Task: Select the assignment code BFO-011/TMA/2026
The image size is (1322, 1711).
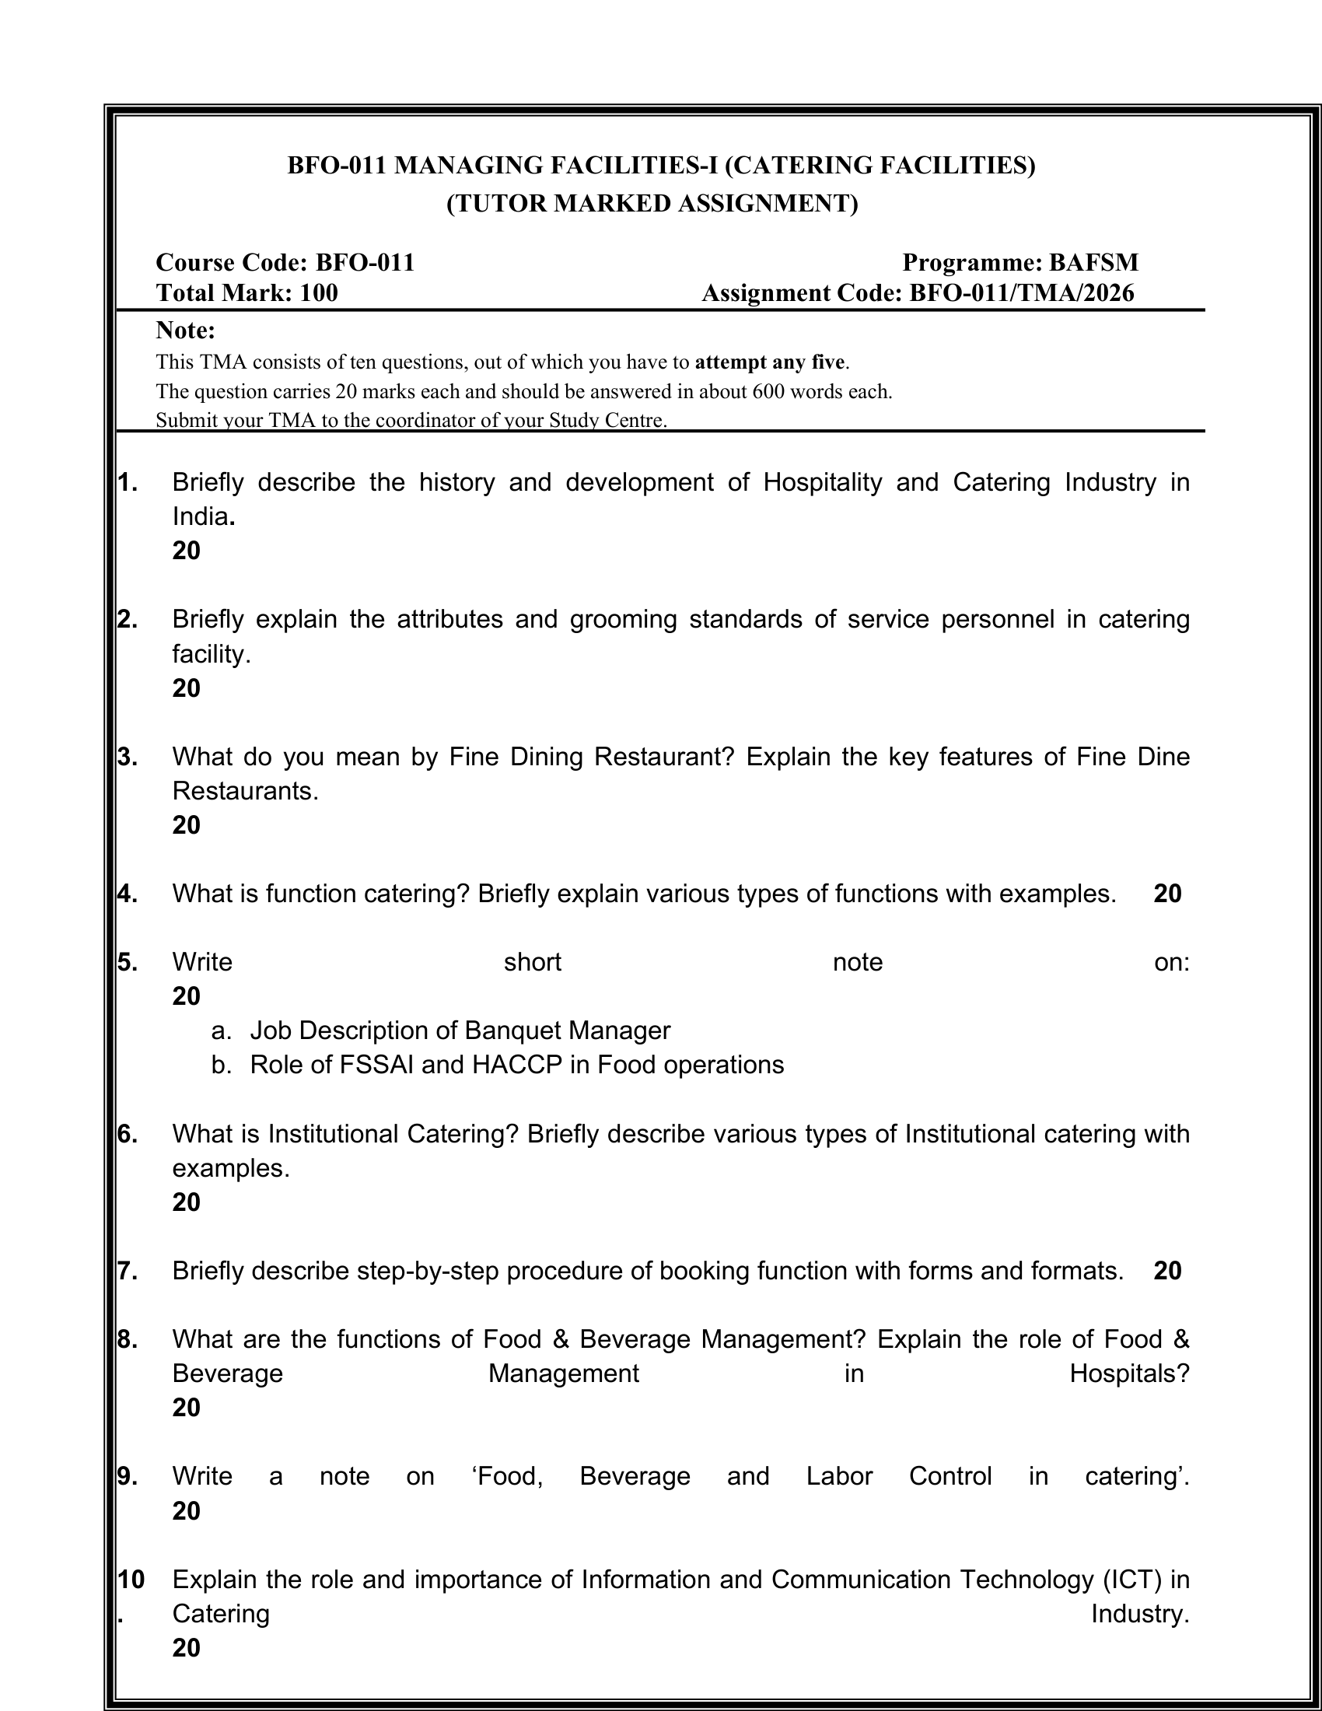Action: [1021, 293]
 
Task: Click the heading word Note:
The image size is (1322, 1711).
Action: [186, 331]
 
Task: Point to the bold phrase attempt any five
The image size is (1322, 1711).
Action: [770, 362]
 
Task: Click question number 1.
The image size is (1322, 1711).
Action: [128, 483]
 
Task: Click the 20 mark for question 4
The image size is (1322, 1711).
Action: [1167, 894]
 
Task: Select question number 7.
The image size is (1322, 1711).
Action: [128, 1271]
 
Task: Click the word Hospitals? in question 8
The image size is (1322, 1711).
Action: [1129, 1373]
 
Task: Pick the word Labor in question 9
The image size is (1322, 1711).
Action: [839, 1476]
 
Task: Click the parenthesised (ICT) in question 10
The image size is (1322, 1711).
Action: [1131, 1580]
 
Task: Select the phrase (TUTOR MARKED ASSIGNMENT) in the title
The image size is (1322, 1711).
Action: [652, 204]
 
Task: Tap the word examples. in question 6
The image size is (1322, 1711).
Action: [231, 1168]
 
